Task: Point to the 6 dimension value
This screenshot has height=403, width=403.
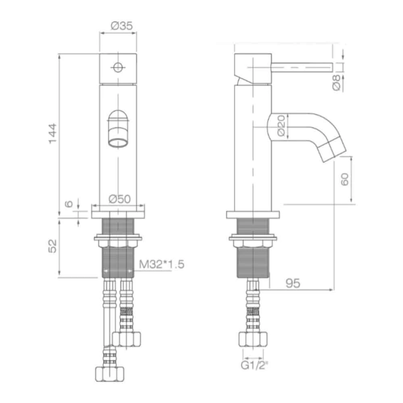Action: (x=69, y=204)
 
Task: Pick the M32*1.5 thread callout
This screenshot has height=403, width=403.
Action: (x=162, y=264)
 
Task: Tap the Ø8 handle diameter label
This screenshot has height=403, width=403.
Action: (x=338, y=83)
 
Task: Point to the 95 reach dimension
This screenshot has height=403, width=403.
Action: (x=293, y=283)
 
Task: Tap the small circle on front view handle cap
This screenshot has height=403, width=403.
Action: (x=117, y=67)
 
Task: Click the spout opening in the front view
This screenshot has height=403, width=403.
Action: (x=118, y=142)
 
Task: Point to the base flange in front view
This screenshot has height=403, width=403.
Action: (x=118, y=211)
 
